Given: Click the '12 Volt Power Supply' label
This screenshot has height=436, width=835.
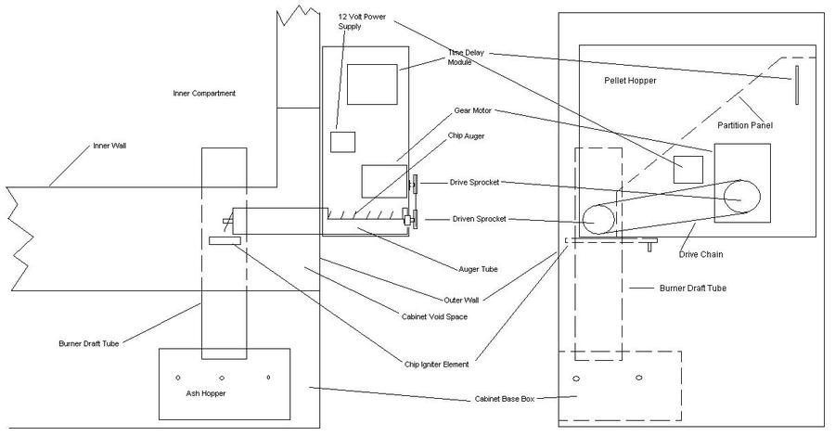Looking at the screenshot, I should coord(358,20).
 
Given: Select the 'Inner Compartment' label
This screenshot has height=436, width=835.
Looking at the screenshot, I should coord(204,94).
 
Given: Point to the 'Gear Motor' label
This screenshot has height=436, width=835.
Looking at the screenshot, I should coord(472,110).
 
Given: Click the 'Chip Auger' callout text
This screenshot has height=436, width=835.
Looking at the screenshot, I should coord(468,135).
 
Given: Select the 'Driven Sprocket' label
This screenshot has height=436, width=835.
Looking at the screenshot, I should coord(477,219).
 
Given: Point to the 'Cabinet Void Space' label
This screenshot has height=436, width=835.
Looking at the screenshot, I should coord(435,316).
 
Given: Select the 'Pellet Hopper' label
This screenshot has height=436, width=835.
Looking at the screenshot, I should coord(630,82).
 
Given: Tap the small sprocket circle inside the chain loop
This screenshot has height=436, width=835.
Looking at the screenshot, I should coord(597,221).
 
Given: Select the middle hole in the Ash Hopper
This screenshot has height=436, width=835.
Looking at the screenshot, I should coord(222,378).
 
